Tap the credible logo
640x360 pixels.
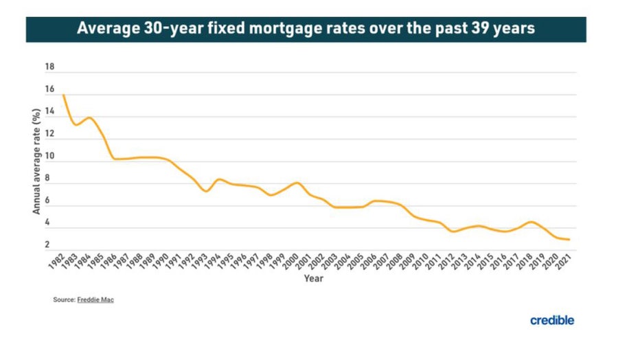click(551, 320)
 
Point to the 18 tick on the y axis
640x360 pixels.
click(49, 67)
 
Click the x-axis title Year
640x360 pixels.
click(314, 279)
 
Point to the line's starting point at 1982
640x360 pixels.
click(64, 95)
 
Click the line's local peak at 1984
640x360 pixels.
click(89, 117)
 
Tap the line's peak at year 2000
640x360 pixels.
click(297, 183)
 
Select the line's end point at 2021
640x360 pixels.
click(570, 240)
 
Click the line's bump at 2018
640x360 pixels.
click(531, 222)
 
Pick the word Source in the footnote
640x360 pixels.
click(62, 300)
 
